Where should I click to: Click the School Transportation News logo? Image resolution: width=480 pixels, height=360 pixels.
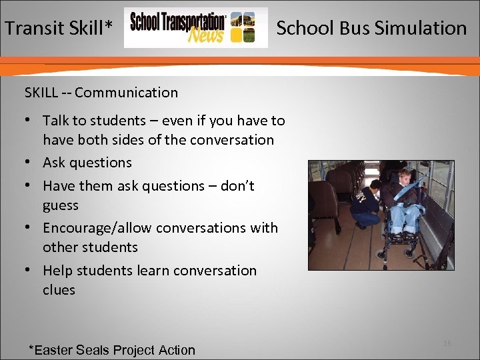click(x=195, y=28)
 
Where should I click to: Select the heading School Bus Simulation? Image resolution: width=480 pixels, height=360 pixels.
click(x=371, y=28)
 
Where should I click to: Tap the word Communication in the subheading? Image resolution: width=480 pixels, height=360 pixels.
click(x=126, y=93)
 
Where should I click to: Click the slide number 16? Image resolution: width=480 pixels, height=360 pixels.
click(x=447, y=343)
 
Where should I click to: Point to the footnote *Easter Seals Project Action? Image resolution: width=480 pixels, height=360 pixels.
click(x=111, y=350)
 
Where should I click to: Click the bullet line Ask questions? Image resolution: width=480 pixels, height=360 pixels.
click(x=87, y=163)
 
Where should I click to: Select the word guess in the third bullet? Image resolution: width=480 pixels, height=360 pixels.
click(x=61, y=205)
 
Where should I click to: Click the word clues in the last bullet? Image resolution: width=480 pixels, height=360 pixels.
click(x=59, y=290)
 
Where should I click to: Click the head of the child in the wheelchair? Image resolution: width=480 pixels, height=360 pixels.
click(x=404, y=178)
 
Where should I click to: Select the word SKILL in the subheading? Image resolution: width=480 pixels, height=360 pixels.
click(x=41, y=93)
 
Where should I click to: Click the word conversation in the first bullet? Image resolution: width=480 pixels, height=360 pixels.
click(x=231, y=140)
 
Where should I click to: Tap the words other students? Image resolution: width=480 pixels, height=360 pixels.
click(x=90, y=247)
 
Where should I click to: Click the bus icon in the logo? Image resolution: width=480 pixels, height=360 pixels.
click(x=243, y=28)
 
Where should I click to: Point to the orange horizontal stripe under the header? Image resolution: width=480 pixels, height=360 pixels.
click(x=240, y=61)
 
